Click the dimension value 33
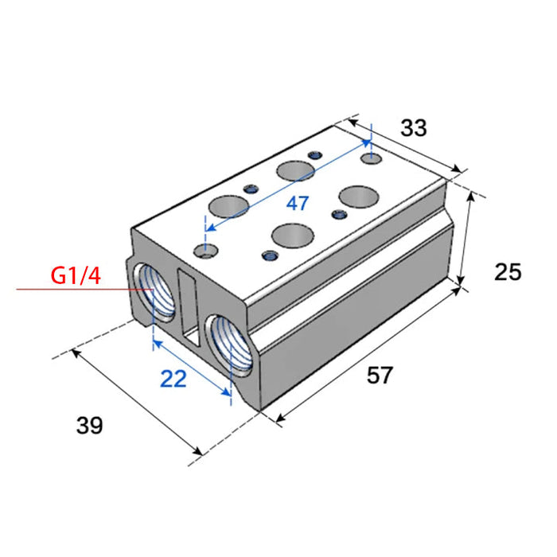[414, 128]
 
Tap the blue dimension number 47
[298, 204]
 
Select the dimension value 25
[508, 272]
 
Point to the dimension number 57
[380, 375]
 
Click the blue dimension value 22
[173, 379]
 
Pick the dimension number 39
[89, 425]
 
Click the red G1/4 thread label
[76, 275]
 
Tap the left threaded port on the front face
[154, 292]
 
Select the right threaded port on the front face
[230, 345]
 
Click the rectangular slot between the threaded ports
[189, 307]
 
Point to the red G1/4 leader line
[84, 289]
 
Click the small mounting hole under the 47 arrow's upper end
[372, 158]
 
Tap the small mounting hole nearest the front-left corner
[205, 251]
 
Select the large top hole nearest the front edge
[293, 236]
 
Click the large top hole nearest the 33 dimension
[359, 197]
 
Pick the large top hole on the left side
[228, 206]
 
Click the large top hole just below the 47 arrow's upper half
[295, 171]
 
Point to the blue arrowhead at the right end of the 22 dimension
[226, 391]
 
